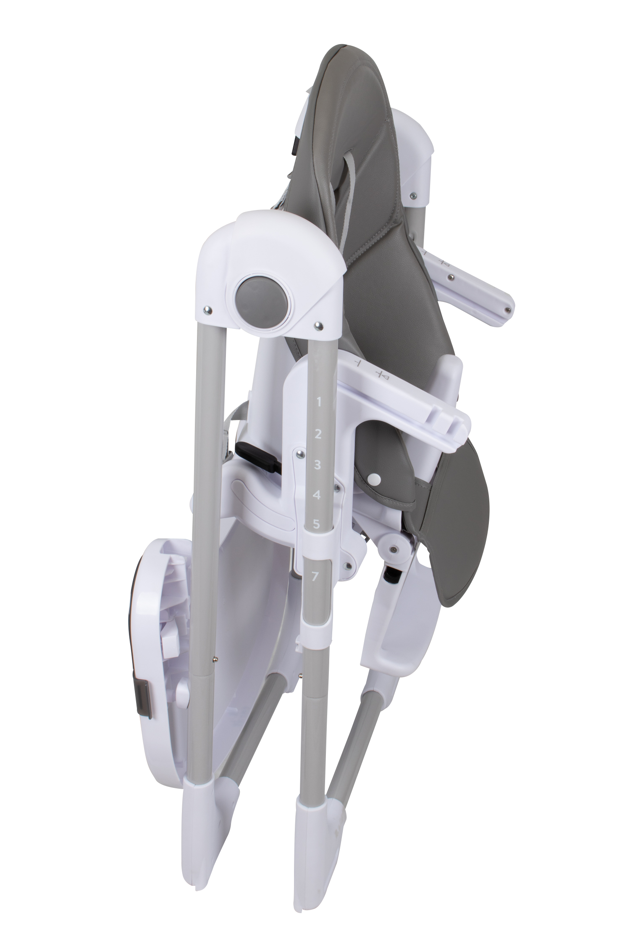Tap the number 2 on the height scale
[x=318, y=434]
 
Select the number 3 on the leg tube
[x=318, y=465]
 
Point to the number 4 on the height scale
[x=318, y=495]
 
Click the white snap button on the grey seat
[x=375, y=478]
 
